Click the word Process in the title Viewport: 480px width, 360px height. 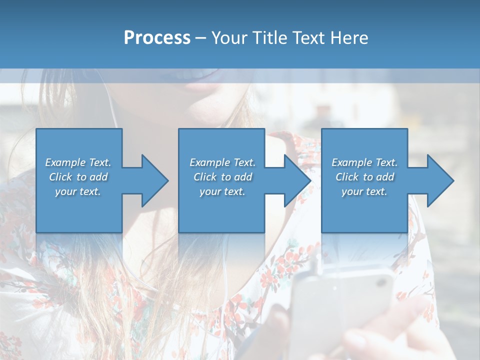(x=157, y=38)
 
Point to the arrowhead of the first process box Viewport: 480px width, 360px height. (x=155, y=180)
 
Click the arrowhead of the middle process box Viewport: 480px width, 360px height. (x=297, y=180)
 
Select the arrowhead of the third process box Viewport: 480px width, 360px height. (x=440, y=180)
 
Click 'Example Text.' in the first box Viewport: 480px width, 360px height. (x=78, y=162)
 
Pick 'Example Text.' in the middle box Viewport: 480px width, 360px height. (x=222, y=162)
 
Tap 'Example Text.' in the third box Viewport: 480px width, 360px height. (x=364, y=162)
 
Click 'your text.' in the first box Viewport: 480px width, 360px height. (x=78, y=191)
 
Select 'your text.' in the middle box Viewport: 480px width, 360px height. (x=222, y=191)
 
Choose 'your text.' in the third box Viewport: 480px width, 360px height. (x=364, y=191)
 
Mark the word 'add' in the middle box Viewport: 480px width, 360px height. (x=243, y=177)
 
